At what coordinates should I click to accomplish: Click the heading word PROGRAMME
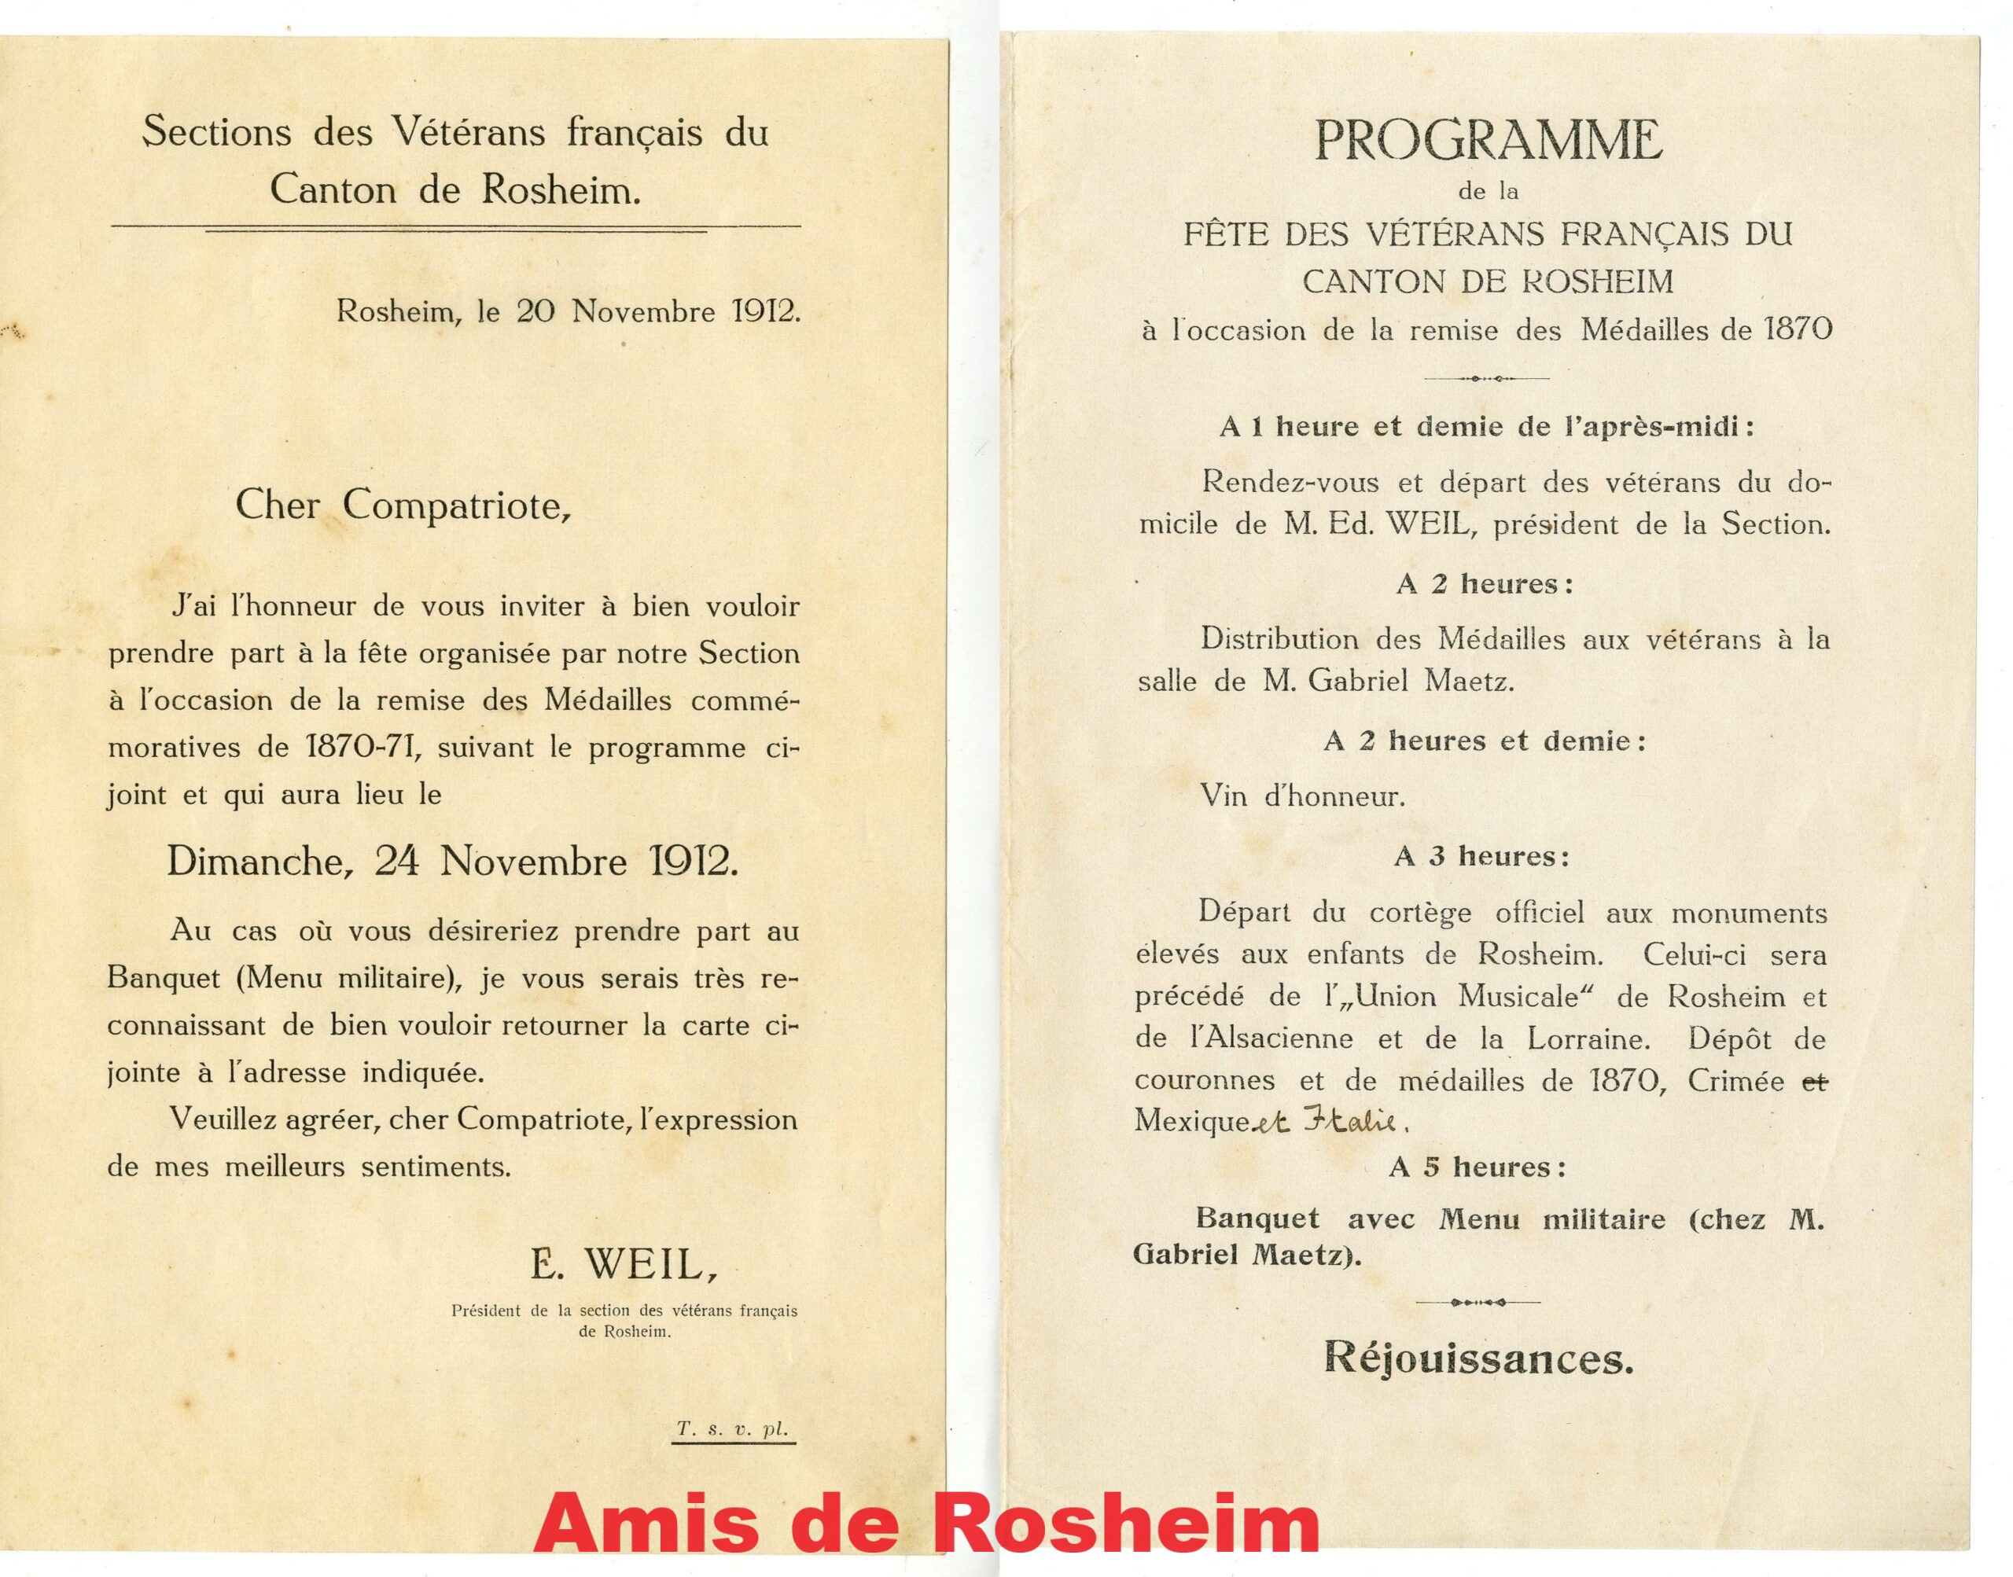(1488, 141)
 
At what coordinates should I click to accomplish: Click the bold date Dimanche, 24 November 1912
(452, 862)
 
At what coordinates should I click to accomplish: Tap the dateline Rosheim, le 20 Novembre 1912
(568, 311)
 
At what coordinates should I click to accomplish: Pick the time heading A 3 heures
(1480, 857)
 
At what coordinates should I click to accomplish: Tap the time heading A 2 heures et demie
(1484, 741)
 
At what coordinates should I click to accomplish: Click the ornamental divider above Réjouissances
(1478, 1303)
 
